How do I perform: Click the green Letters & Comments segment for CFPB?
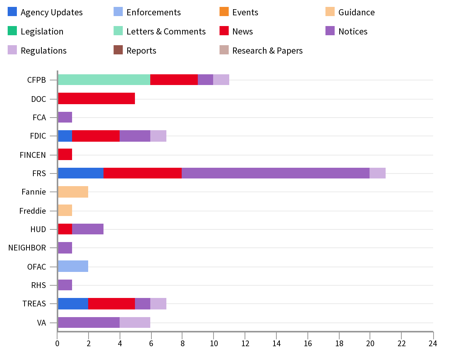(104, 80)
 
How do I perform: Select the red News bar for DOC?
(96, 98)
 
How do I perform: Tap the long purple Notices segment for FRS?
(275, 173)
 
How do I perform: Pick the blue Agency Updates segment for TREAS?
(73, 303)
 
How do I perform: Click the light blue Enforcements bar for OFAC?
(73, 266)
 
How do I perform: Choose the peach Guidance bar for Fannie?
(73, 191)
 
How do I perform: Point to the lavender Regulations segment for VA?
(135, 322)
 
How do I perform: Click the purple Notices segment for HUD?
(88, 229)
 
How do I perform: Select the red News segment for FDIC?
(96, 136)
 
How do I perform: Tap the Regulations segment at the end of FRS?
(378, 173)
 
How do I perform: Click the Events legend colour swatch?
(224, 12)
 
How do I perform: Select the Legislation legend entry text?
(42, 31)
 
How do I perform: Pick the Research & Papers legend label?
(267, 51)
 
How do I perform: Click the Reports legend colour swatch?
(118, 50)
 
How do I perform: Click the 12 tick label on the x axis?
(245, 344)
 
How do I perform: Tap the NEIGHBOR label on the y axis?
(27, 248)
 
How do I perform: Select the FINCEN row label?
(33, 155)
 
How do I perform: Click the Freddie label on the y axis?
(33, 211)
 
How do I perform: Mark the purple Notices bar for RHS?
(65, 285)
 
